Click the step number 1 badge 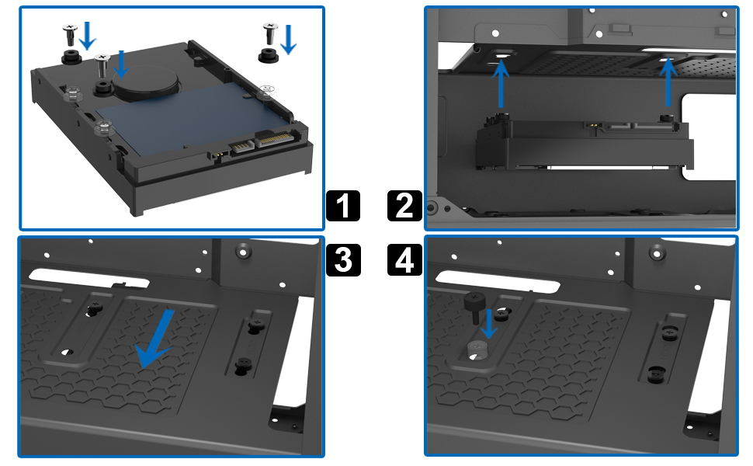pyautogui.click(x=343, y=206)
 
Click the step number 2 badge pyautogui.click(x=404, y=206)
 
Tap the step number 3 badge pyautogui.click(x=343, y=260)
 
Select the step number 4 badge pyautogui.click(x=404, y=260)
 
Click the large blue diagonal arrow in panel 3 pyautogui.click(x=154, y=339)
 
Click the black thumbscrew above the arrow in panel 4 pyautogui.click(x=474, y=308)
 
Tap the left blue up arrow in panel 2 pyautogui.click(x=501, y=84)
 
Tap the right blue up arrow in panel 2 pyautogui.click(x=668, y=82)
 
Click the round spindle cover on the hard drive pyautogui.click(x=145, y=82)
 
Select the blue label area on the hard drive pyautogui.click(x=188, y=118)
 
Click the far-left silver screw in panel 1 pyautogui.click(x=70, y=36)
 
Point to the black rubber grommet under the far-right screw pyautogui.click(x=269, y=54)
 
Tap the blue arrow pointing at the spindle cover pyautogui.click(x=120, y=64)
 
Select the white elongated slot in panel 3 pyautogui.click(x=89, y=279)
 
